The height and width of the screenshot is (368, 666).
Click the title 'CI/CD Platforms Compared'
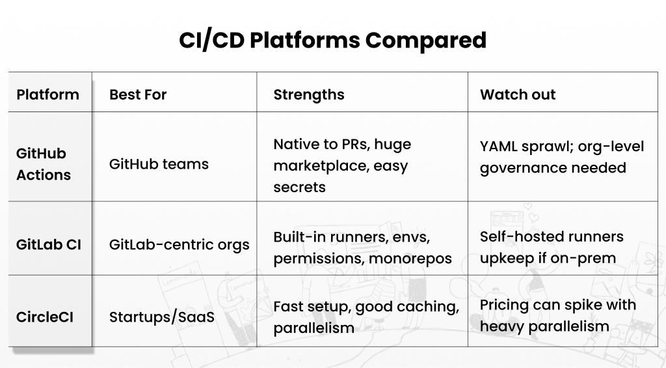pos(332,40)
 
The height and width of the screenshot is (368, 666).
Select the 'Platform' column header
pos(47,94)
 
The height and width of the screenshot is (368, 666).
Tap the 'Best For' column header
pos(138,94)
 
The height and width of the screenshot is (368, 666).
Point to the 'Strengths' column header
pos(308,94)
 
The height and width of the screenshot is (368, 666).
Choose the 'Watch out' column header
pos(518,94)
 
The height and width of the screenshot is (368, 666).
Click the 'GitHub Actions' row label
pos(43,164)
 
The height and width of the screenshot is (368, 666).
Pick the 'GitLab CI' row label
pos(49,245)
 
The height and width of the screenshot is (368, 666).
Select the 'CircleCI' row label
pos(46,317)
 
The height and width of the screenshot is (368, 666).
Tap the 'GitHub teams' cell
pos(159,164)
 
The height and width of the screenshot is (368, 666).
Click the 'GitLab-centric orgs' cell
pos(179,245)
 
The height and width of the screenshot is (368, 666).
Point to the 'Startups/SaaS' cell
pos(161,317)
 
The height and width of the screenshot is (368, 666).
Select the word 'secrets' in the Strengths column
pos(299,188)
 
